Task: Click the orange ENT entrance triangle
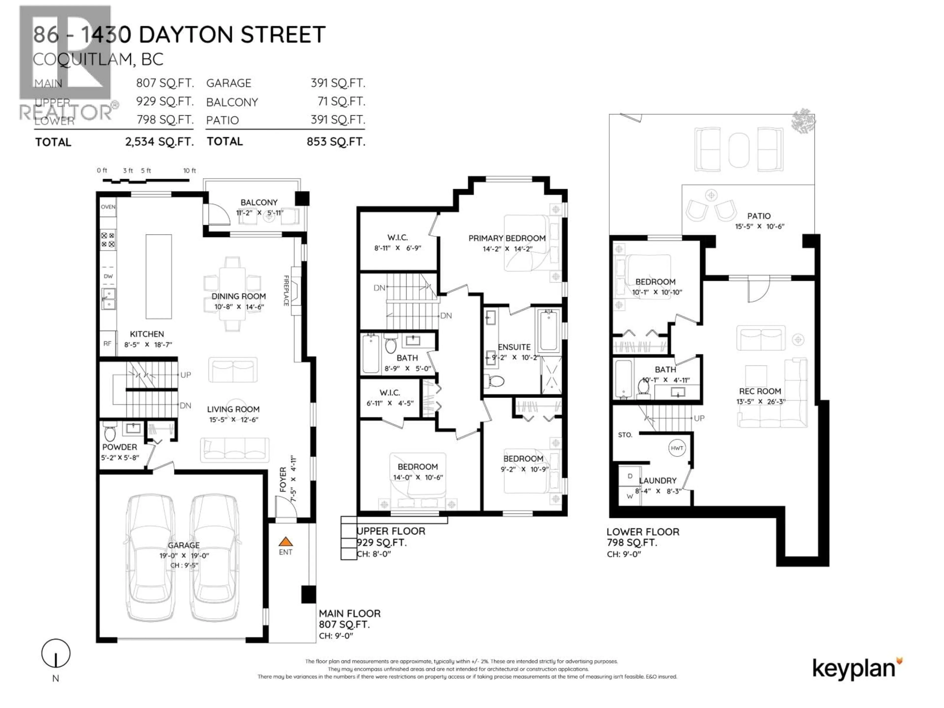285,542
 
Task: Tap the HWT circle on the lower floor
677,448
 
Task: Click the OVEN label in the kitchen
108,207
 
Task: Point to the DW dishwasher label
108,276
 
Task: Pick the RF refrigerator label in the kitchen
107,343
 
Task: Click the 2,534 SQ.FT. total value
159,142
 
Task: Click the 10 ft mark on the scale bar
190,171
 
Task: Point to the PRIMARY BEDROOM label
507,238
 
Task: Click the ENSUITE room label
514,347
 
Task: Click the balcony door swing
217,216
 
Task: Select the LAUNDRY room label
658,481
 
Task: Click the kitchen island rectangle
159,277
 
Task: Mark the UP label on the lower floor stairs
699,418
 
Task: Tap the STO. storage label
625,435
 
